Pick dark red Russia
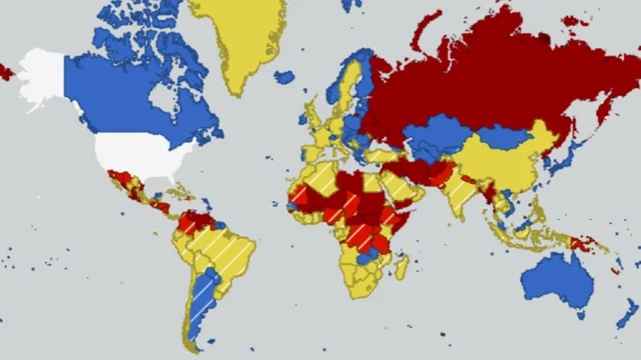tap(479, 77)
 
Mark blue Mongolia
tap(504, 135)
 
